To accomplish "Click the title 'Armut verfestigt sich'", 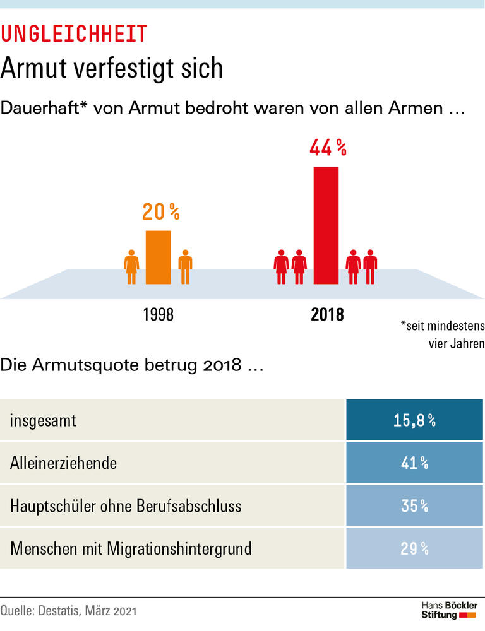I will [x=112, y=68].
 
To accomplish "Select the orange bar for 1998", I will [x=158, y=257].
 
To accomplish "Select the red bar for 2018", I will [x=326, y=225].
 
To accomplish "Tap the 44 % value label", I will [x=328, y=148].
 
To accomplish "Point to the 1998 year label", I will [x=158, y=314].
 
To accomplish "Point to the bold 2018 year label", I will [x=327, y=314].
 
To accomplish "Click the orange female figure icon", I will [x=131, y=267].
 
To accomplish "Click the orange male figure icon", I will [x=185, y=267].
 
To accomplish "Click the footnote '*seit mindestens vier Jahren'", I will [x=442, y=335].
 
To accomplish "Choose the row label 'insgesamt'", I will [x=43, y=420].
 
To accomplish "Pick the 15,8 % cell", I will [x=414, y=420].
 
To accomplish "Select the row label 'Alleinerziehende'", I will [x=63, y=463].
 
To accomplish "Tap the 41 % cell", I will [x=414, y=463].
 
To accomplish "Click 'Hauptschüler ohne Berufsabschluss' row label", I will [x=126, y=506].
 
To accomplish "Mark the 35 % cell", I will [x=414, y=506].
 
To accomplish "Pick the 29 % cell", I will [x=414, y=548].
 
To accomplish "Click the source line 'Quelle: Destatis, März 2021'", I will [x=68, y=611].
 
